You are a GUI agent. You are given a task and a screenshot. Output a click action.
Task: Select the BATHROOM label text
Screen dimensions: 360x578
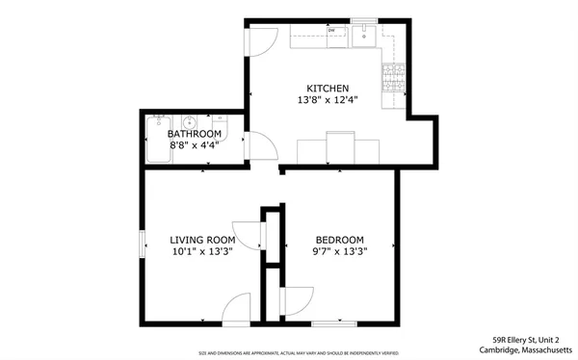tap(195, 134)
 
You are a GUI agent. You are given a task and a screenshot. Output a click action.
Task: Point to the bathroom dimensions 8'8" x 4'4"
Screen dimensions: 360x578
tap(195, 144)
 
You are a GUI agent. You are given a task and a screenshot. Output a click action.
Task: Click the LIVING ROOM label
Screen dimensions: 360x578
tap(202, 240)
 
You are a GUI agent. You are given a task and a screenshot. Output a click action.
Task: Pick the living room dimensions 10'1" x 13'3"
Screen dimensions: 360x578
tap(202, 251)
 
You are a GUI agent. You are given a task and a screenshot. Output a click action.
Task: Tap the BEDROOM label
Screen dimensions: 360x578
tap(339, 240)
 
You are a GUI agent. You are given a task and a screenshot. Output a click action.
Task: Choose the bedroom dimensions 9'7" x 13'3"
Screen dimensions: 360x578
tap(339, 251)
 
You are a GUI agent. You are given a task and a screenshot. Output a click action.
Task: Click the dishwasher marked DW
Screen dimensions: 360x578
tap(331, 32)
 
